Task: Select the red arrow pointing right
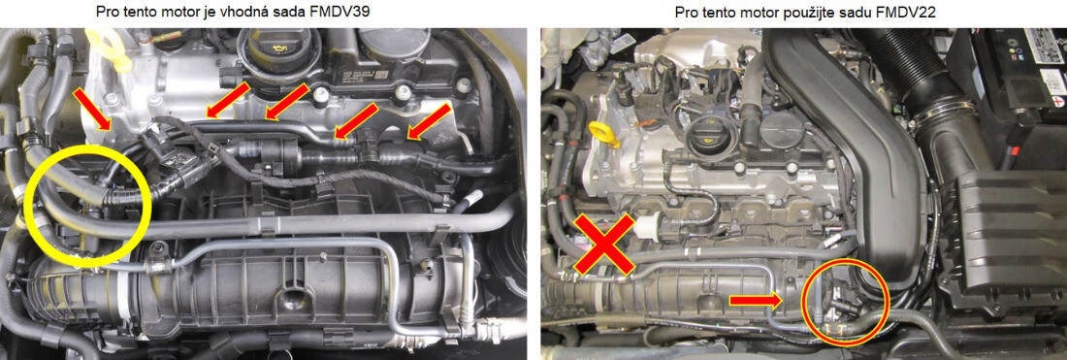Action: tap(756, 300)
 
